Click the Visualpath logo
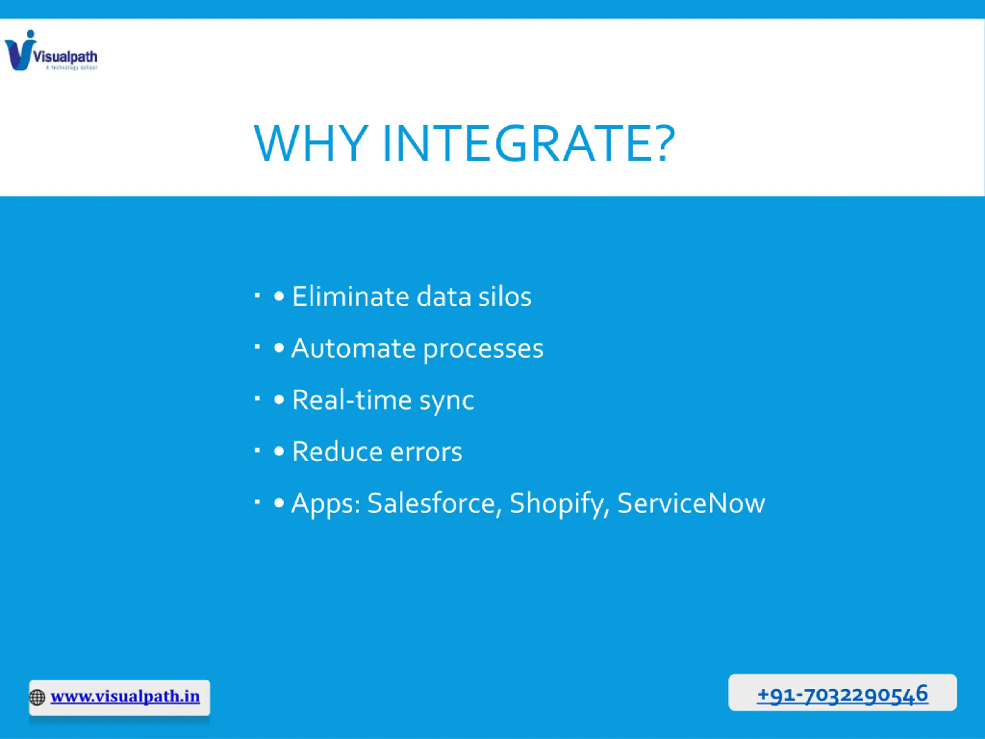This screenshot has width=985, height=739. (x=51, y=50)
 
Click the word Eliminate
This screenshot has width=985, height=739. (x=351, y=296)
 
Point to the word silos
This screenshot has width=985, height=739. (x=504, y=296)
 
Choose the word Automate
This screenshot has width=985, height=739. (x=353, y=348)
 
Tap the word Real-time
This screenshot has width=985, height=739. (x=352, y=400)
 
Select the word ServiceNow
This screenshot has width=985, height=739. (x=691, y=503)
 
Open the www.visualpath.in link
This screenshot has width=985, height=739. (x=125, y=696)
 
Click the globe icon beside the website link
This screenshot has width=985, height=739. (x=37, y=697)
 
